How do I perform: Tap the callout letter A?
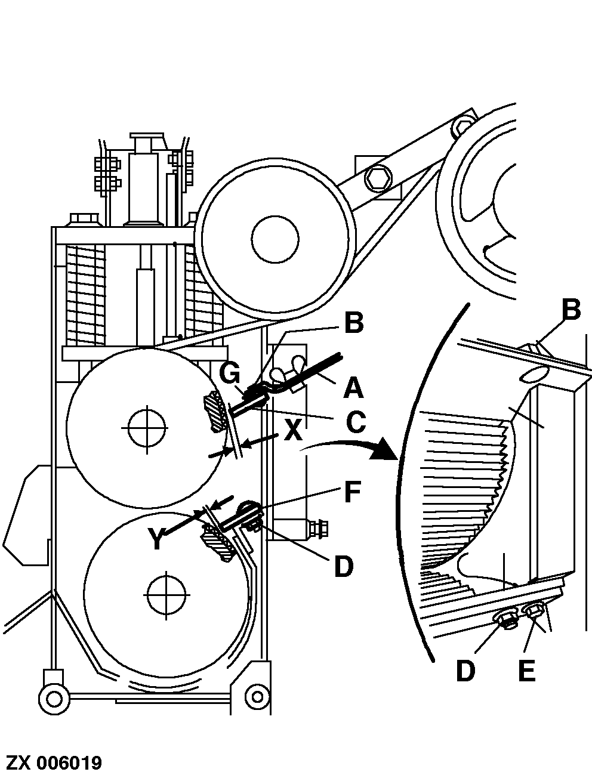(353, 388)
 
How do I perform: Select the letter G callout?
(229, 373)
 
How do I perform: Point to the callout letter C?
(356, 422)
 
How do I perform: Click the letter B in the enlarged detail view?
(571, 310)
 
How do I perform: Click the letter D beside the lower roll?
(344, 566)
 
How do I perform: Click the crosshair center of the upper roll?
(146, 428)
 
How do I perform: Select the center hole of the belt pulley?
(275, 239)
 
